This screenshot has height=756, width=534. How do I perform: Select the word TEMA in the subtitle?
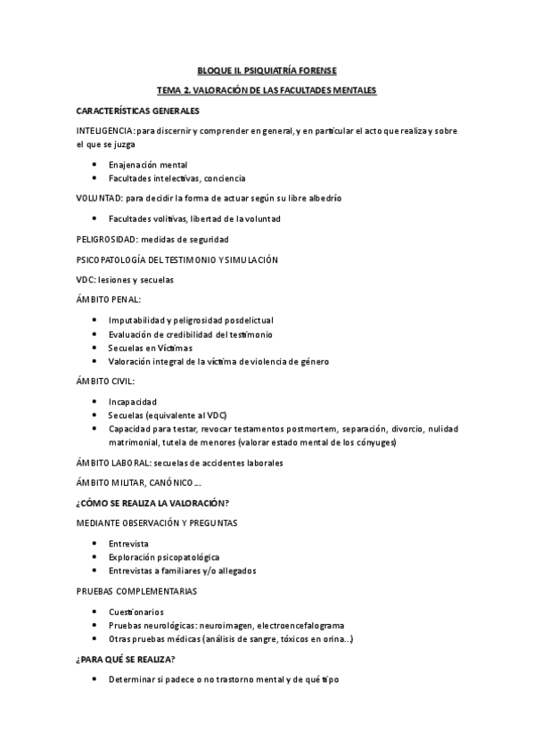[x=168, y=90]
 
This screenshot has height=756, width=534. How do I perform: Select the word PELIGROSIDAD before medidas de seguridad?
[x=107, y=239]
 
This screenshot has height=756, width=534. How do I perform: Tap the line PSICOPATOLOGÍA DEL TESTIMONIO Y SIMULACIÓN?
[x=177, y=259]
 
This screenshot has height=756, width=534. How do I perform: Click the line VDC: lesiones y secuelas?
[x=125, y=280]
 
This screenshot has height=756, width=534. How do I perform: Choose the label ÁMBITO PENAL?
[x=108, y=300]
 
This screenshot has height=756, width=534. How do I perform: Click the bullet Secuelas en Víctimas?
[x=150, y=348]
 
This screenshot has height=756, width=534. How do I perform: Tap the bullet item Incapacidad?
[x=132, y=401]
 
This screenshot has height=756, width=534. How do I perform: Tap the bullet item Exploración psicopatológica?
[x=163, y=557]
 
